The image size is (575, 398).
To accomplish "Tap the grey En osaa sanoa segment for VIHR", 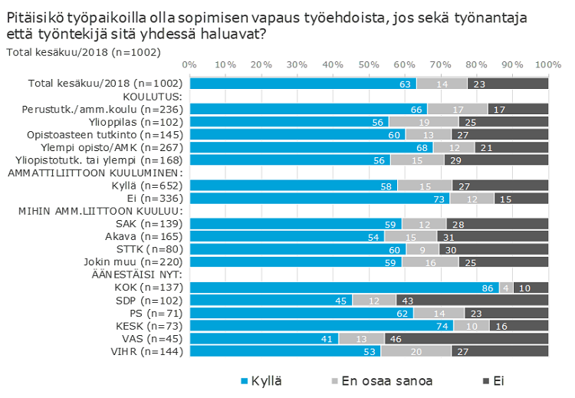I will click(x=416, y=351).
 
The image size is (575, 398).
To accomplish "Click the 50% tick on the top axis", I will click(x=369, y=64).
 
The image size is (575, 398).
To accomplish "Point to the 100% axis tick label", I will click(x=547, y=64).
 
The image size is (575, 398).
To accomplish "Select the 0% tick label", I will click(x=190, y=64).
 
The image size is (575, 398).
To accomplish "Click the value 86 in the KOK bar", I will click(x=486, y=288).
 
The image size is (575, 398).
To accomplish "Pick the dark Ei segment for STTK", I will click(x=495, y=249).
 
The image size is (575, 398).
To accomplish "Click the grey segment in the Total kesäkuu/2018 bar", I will click(x=442, y=84).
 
